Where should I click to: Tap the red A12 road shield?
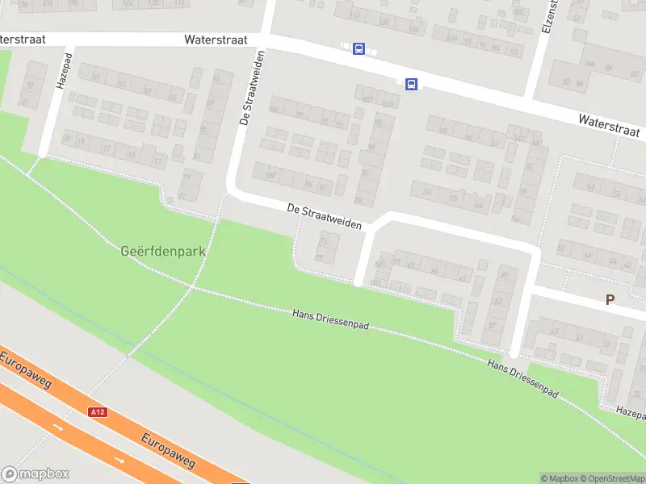click(98, 412)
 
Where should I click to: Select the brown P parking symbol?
click(610, 299)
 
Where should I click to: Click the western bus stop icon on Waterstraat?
click(359, 49)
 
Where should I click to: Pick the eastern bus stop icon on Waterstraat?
click(411, 84)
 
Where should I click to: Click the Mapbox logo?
click(36, 474)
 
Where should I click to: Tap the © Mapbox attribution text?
click(560, 478)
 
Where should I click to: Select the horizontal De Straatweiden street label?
click(324, 216)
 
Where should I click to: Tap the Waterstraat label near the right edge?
click(610, 125)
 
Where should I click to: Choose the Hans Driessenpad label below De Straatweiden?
click(330, 319)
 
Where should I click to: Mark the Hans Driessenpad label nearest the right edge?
click(523, 377)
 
